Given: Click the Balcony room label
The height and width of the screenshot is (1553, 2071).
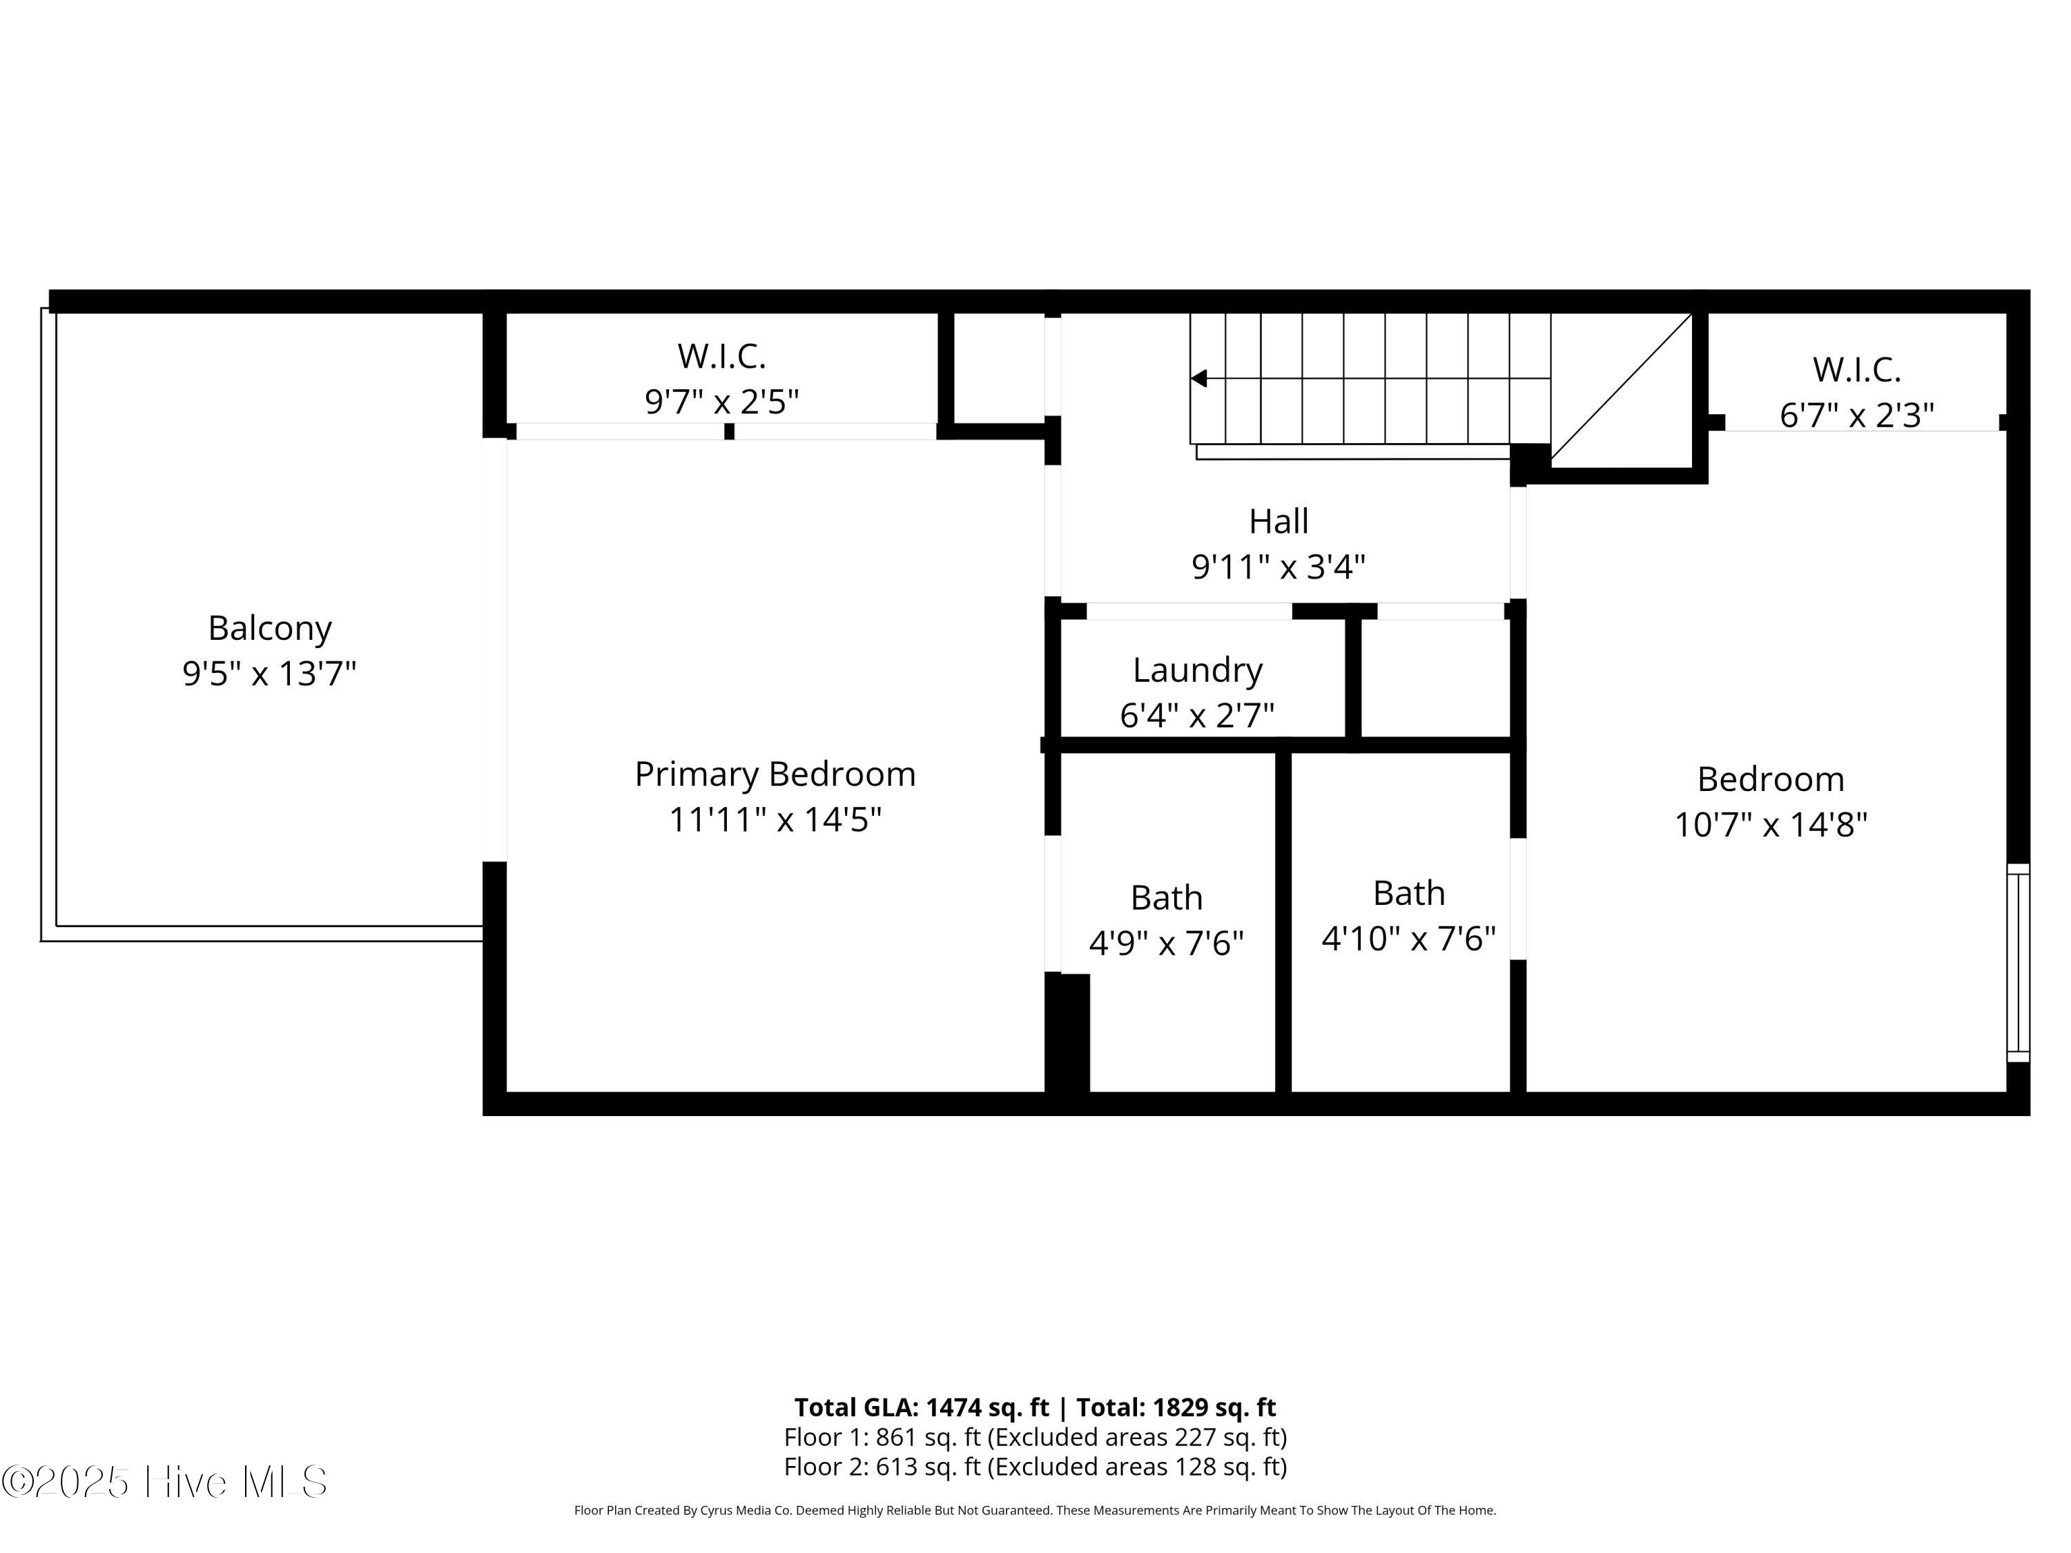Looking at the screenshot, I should [x=270, y=628].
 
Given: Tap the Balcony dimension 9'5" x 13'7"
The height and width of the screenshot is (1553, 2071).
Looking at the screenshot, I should [x=270, y=673].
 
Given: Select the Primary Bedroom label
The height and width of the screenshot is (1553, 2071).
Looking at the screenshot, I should [x=775, y=774].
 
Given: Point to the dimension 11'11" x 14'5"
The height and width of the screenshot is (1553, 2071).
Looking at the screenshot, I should [x=775, y=820].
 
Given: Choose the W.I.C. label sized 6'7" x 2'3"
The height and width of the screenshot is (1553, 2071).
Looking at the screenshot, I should [x=1856, y=370].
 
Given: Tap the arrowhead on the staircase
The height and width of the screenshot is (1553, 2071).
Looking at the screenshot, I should [x=1198, y=378].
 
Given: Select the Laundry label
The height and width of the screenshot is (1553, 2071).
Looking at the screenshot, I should [x=1198, y=670].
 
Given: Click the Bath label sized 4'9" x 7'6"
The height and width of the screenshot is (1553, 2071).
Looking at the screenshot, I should [x=1166, y=898].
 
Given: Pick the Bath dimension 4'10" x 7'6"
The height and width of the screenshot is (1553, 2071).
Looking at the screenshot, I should [x=1408, y=938].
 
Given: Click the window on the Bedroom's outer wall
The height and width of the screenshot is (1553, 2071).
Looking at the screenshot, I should [x=2018, y=961].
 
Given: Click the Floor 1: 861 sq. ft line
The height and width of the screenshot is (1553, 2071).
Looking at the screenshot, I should [x=1035, y=1437].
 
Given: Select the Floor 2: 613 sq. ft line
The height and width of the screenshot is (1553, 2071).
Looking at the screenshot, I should [x=1035, y=1467].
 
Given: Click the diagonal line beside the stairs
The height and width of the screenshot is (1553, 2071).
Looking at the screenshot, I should [x=1622, y=386].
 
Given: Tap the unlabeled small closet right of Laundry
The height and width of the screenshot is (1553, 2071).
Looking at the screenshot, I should [x=1435, y=678].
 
